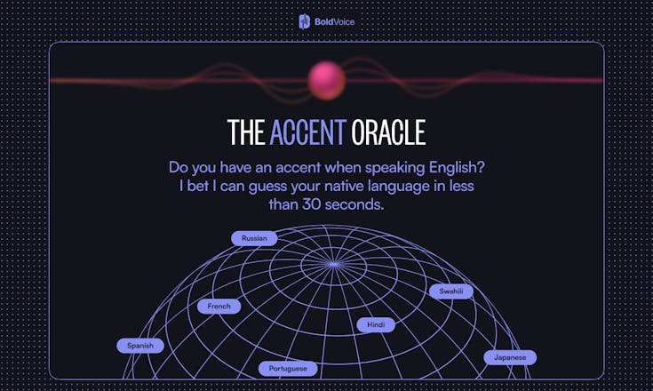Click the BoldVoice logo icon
click(305, 21)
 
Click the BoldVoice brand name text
click(335, 21)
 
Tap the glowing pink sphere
click(326, 80)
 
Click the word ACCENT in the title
click(307, 132)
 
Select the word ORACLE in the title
click(388, 132)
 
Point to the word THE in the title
click(245, 132)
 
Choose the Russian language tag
click(254, 238)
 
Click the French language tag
click(219, 307)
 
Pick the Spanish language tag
click(140, 346)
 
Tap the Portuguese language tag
click(288, 368)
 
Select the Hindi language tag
click(376, 325)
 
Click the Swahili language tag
click(451, 291)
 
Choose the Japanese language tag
click(511, 357)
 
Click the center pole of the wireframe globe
click(333, 264)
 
